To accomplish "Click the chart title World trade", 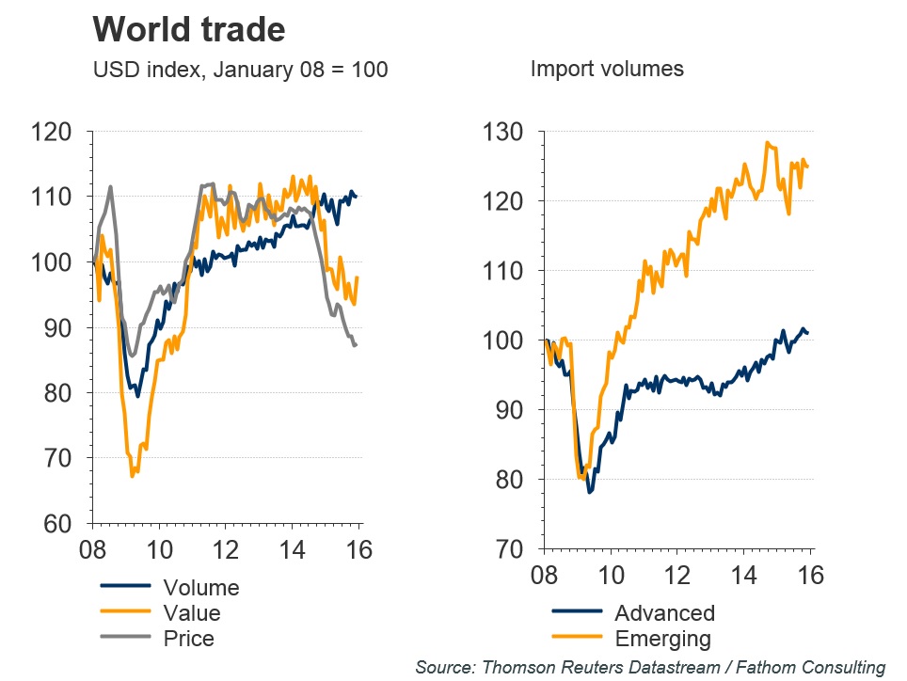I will click(188, 30).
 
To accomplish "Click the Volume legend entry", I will click(200, 588).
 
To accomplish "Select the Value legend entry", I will click(191, 613).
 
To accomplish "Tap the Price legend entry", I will click(188, 639).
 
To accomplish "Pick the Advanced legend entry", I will click(664, 613).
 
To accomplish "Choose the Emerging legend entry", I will click(662, 639).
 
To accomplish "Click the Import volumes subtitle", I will click(607, 69).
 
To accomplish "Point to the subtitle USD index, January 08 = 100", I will click(240, 69).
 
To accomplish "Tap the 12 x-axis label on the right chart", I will click(677, 575).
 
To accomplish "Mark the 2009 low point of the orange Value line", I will click(132, 476).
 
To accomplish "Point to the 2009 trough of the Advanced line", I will click(590, 492).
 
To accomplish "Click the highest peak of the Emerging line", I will click(768, 143).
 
